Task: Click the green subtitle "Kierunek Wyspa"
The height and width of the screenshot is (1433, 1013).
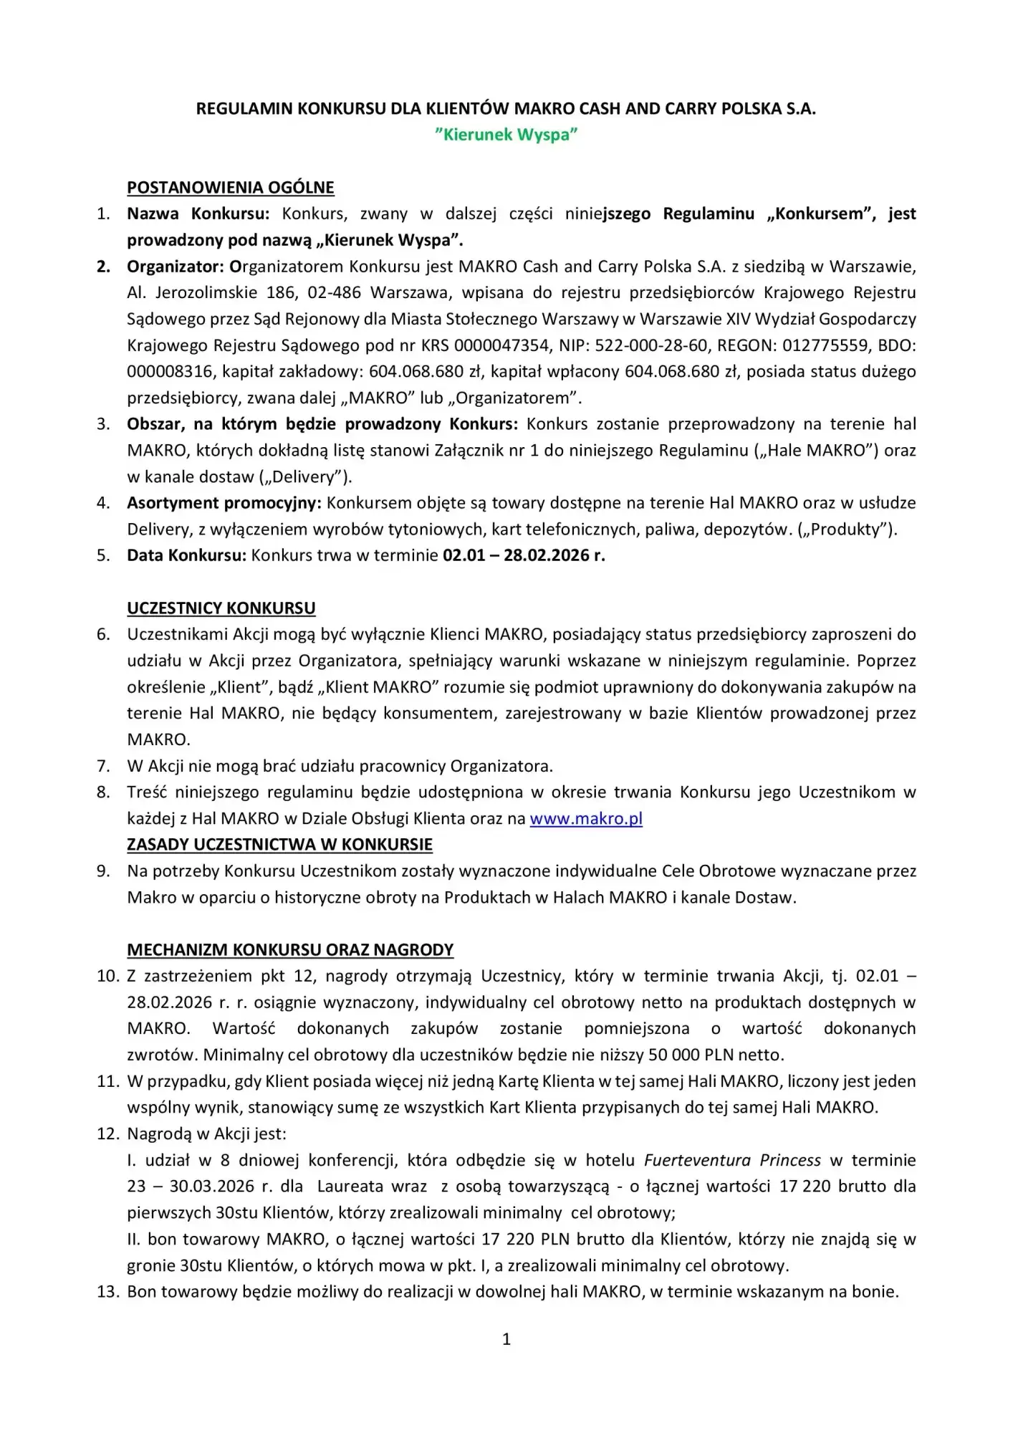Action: (x=506, y=135)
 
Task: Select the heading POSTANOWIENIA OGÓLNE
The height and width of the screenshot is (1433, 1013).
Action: (x=230, y=188)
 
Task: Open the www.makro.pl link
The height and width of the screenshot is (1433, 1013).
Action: (x=585, y=818)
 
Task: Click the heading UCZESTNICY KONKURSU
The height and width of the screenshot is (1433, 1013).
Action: (x=221, y=608)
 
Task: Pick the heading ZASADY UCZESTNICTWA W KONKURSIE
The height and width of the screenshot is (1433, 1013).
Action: (x=279, y=845)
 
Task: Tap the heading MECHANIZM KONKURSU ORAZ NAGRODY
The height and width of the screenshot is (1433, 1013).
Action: (x=290, y=950)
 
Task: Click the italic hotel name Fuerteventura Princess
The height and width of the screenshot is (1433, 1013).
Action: (x=732, y=1160)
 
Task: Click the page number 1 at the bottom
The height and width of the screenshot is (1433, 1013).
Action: (x=506, y=1339)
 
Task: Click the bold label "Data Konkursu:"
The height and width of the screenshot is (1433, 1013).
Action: (x=186, y=555)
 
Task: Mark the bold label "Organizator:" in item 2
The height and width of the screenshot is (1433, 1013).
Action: (x=176, y=267)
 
